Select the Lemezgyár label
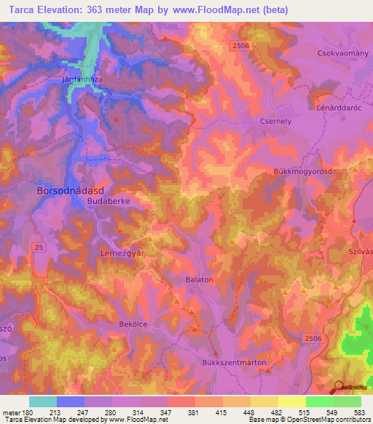click(x=119, y=252)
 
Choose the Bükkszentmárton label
click(x=234, y=362)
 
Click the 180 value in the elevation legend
click(x=28, y=412)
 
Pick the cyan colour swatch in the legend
click(x=42, y=401)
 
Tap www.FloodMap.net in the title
click(x=223, y=10)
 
